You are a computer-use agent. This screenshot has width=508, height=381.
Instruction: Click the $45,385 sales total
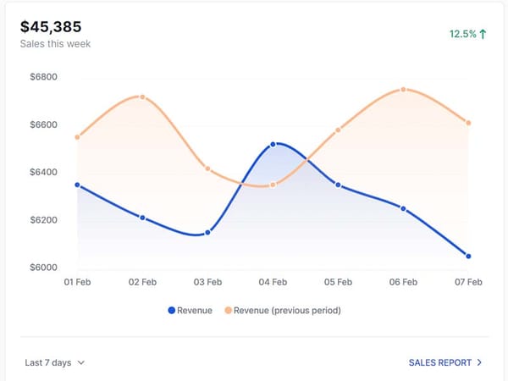click(x=51, y=26)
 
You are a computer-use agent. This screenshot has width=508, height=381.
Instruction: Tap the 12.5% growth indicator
click(x=463, y=35)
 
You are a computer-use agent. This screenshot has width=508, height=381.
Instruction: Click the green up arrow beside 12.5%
click(x=483, y=35)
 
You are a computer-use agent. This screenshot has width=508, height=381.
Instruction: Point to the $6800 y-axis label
click(x=43, y=77)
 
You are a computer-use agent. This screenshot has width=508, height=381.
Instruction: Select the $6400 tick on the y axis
click(x=43, y=173)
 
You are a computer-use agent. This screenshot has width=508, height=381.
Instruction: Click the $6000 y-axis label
click(x=43, y=268)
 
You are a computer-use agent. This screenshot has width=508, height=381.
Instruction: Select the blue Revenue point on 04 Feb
click(x=273, y=144)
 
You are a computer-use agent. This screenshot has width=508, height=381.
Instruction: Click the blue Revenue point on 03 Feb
click(x=207, y=232)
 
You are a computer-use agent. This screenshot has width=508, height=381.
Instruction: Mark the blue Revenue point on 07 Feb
click(x=468, y=256)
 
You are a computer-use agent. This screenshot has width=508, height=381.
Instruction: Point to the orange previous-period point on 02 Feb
click(x=142, y=97)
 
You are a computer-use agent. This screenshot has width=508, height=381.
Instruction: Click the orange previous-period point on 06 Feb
click(x=403, y=89)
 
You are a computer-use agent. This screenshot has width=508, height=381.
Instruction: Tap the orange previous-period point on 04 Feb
click(x=273, y=185)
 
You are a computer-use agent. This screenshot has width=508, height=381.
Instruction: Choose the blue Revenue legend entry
click(x=190, y=311)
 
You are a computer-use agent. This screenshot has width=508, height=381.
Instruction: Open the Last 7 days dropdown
click(x=55, y=362)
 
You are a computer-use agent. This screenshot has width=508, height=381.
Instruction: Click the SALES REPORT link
click(x=445, y=362)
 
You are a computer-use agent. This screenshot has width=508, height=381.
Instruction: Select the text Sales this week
click(x=55, y=44)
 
